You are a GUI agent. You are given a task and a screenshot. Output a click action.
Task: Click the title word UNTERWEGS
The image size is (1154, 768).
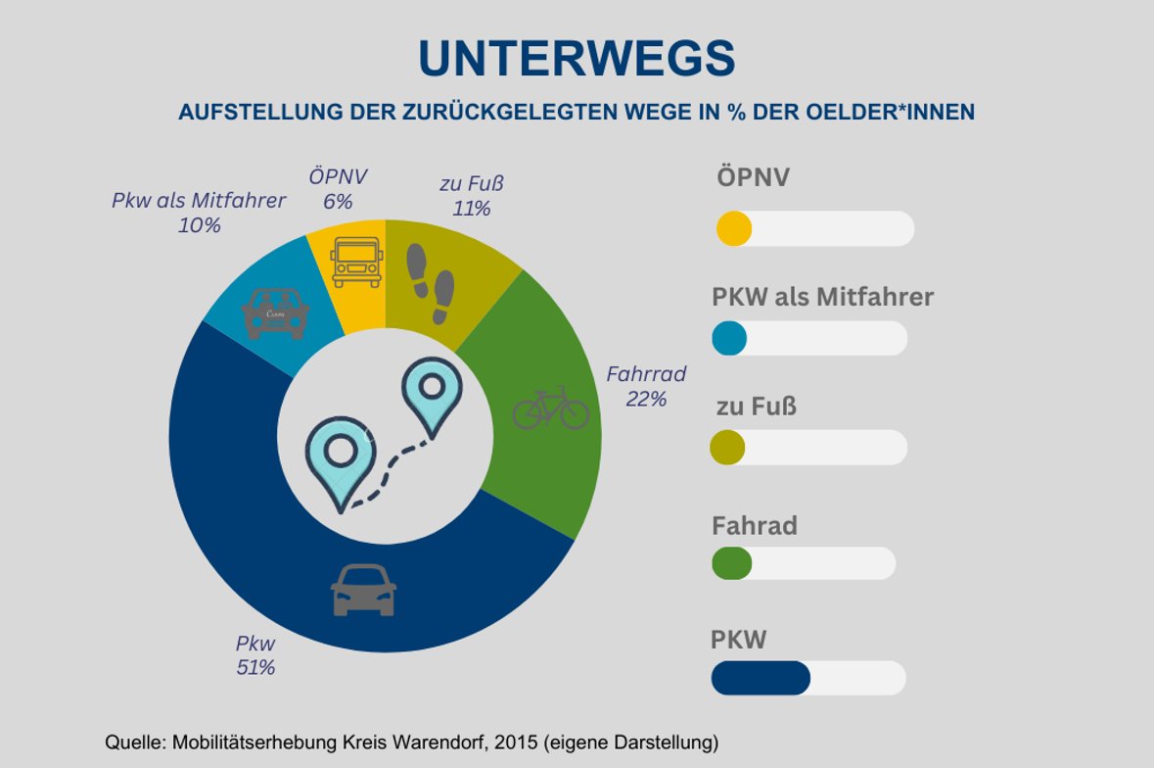tap(577, 59)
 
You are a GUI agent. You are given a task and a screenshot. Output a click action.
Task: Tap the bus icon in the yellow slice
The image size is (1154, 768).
tap(354, 260)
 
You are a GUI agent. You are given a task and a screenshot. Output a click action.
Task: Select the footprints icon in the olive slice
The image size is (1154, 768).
tap(432, 283)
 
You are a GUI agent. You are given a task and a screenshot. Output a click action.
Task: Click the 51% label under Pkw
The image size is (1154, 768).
tap(255, 668)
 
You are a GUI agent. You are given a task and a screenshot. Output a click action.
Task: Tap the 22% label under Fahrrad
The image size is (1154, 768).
tap(646, 399)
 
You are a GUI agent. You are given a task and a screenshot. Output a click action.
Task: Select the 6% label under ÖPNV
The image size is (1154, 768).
tap(338, 201)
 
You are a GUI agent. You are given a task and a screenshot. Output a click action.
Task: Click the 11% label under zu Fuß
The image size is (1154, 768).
tap(471, 208)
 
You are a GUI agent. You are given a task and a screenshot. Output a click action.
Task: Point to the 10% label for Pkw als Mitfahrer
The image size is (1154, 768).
tap(200, 225)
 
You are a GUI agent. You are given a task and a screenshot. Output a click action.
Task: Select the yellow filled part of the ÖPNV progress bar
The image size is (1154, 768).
tap(734, 229)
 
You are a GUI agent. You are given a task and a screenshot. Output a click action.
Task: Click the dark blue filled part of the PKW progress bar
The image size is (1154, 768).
tap(761, 678)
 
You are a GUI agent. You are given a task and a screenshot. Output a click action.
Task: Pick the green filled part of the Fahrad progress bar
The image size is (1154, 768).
tap(732, 563)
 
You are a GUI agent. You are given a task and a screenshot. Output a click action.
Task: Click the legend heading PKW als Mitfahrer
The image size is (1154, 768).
tap(822, 296)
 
